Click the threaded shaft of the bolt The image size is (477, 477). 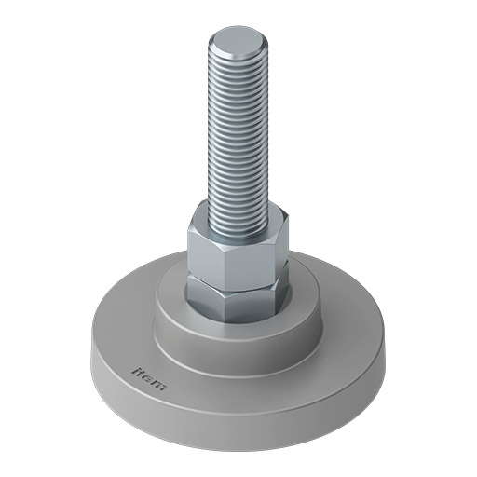coord(238,130)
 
